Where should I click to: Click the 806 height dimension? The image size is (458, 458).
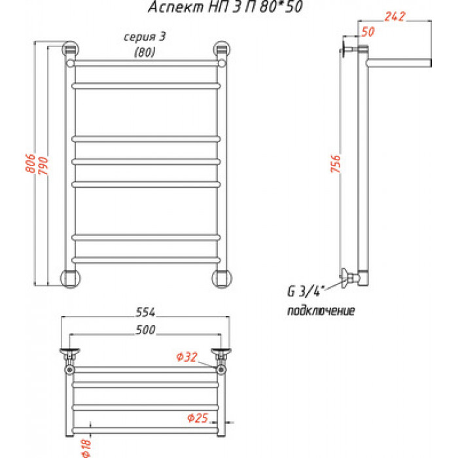click(x=30, y=163)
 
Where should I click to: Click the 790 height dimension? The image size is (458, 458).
click(x=43, y=166)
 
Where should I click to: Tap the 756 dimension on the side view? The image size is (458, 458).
click(x=336, y=164)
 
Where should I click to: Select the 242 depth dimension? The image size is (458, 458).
click(x=395, y=16)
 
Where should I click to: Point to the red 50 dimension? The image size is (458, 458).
click(x=368, y=31)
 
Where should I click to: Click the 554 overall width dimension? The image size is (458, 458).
click(x=145, y=312)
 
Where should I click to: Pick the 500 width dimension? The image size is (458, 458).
click(x=145, y=330)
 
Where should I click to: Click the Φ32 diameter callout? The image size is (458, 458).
click(x=187, y=357)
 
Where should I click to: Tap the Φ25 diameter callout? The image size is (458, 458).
click(x=198, y=418)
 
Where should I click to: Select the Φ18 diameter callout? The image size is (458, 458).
click(x=86, y=448)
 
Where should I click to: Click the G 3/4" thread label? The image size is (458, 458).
click(x=306, y=291)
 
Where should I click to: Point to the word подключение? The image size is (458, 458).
click(x=321, y=311)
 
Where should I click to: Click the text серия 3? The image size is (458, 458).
click(x=145, y=37)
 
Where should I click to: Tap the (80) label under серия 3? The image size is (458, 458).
click(x=145, y=52)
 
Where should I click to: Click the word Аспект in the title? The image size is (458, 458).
click(x=176, y=7)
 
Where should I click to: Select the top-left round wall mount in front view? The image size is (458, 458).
click(x=71, y=49)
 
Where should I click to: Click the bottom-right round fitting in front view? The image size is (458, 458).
click(x=222, y=278)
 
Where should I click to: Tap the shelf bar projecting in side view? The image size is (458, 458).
click(x=399, y=63)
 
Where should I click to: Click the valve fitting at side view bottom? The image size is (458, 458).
click(x=350, y=277)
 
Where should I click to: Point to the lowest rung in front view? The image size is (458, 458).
click(x=146, y=260)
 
